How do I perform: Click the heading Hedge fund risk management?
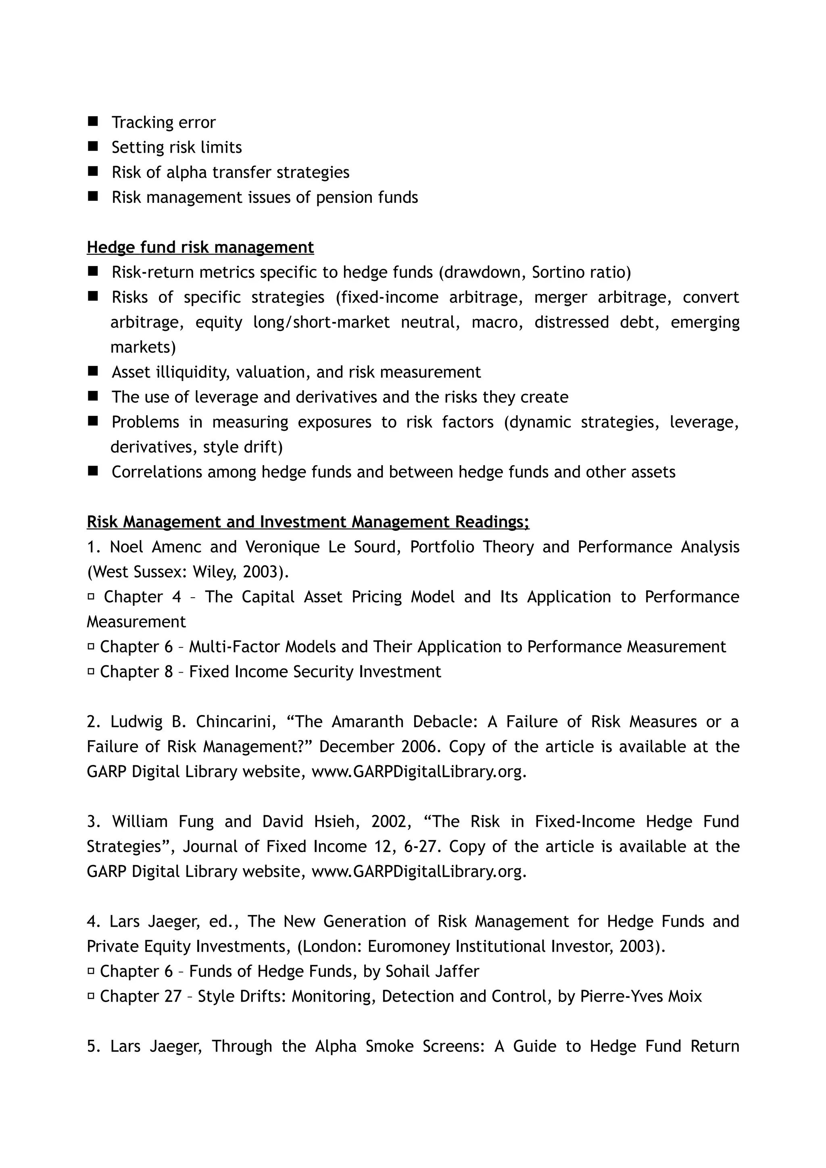pos(200,247)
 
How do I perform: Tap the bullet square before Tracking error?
pos(93,122)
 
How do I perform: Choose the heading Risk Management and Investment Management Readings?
pos(308,522)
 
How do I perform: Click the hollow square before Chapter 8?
pos(91,671)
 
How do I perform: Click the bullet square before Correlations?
pos(93,472)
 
